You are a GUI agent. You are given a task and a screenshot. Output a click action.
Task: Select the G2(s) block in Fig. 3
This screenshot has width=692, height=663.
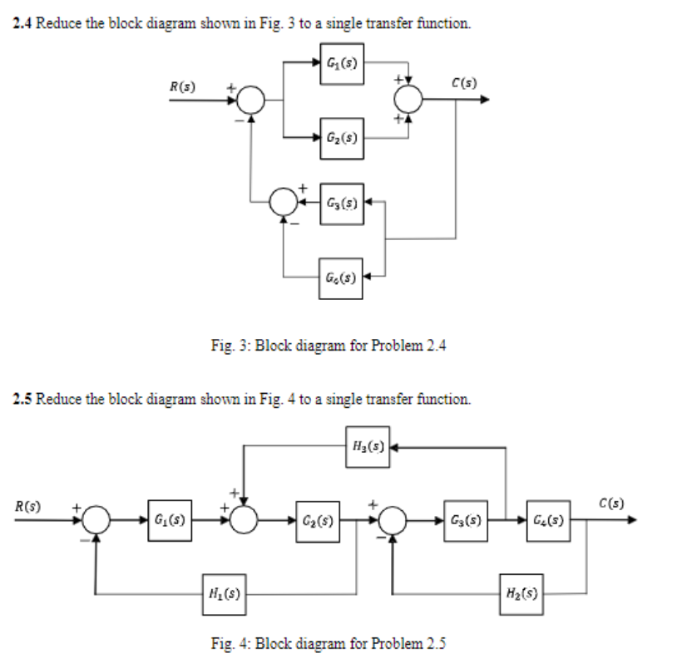click(342, 135)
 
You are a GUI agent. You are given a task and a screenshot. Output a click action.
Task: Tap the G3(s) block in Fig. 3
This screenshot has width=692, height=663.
click(341, 202)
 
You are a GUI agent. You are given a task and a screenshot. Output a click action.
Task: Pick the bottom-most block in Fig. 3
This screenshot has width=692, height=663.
click(341, 276)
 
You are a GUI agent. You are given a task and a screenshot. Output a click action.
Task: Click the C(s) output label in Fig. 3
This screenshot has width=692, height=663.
click(462, 81)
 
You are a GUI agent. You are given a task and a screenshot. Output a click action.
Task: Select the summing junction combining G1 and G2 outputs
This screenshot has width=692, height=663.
click(408, 101)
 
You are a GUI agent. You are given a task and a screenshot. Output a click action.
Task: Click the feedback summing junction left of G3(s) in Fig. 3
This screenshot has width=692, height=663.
click(285, 202)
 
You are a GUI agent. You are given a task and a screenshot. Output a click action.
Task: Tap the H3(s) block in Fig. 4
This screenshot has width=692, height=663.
click(368, 447)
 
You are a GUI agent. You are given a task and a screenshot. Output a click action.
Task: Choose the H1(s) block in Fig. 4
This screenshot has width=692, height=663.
click(223, 595)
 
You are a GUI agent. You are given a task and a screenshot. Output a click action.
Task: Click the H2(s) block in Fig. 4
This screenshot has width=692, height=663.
click(521, 594)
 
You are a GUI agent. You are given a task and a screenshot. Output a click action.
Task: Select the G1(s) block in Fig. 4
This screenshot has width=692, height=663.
click(170, 521)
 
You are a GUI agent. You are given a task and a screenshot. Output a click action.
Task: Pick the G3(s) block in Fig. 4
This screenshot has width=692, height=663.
click(466, 521)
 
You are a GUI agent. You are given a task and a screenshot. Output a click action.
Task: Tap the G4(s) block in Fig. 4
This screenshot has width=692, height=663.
click(547, 521)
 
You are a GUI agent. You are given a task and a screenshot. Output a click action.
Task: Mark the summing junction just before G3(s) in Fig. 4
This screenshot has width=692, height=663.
click(392, 521)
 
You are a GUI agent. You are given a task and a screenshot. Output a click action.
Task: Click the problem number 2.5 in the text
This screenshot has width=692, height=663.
click(22, 399)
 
